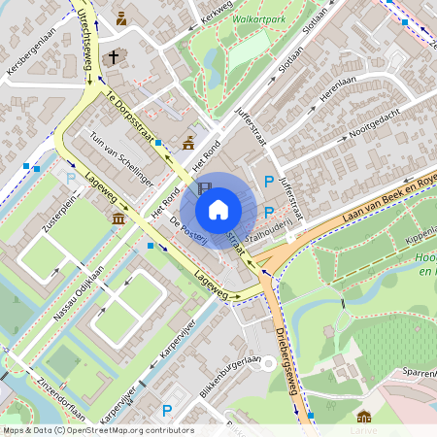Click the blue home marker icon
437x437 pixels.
(218, 209)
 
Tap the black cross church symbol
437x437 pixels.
(113, 57)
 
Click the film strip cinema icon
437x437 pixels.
(204, 188)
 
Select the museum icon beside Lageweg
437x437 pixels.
(118, 218)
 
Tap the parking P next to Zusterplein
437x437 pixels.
(70, 178)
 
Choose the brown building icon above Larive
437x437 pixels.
(364, 417)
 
